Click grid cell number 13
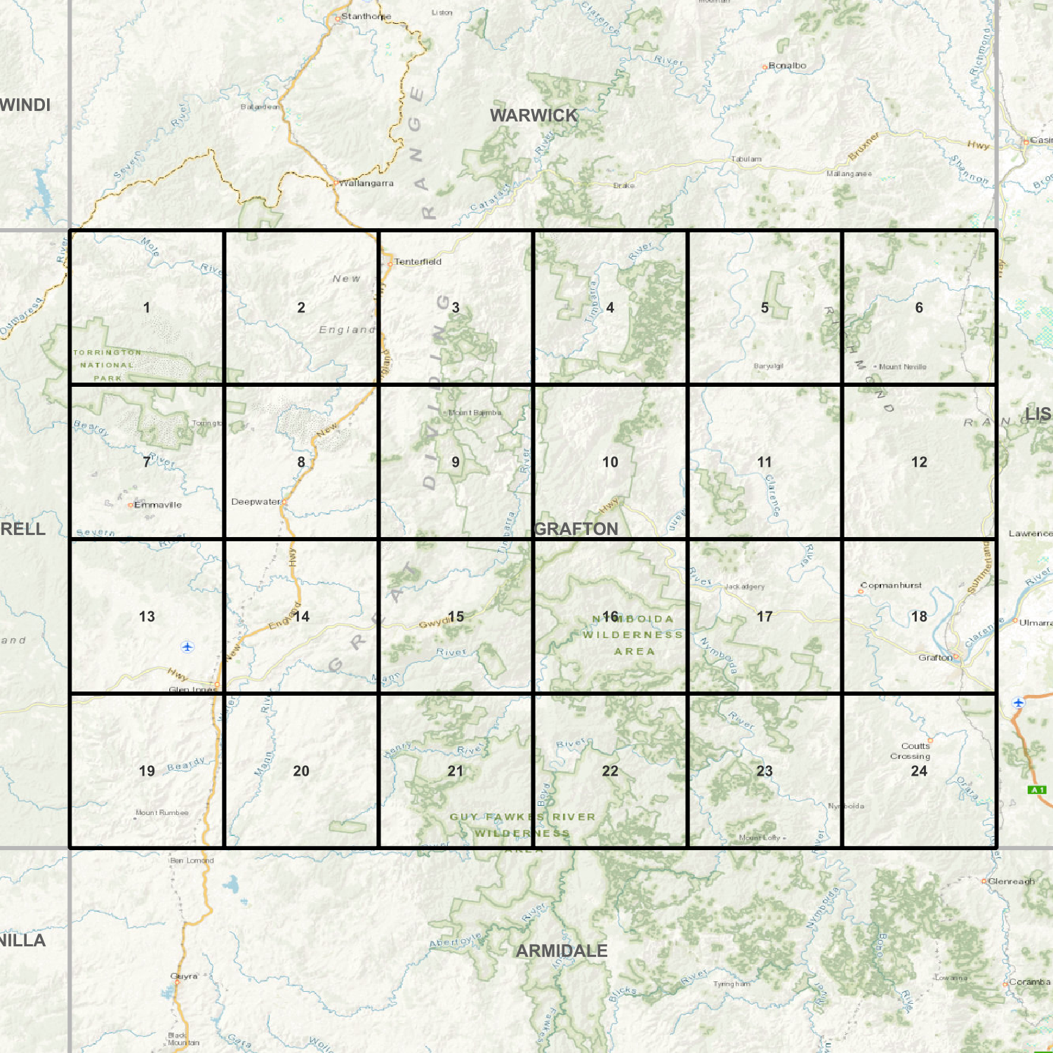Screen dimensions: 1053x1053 pyautogui.click(x=147, y=616)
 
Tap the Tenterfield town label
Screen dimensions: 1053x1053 pyautogui.click(x=418, y=262)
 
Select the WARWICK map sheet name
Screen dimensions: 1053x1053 pyautogui.click(x=534, y=116)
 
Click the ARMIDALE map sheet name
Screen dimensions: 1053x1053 pyautogui.click(x=562, y=951)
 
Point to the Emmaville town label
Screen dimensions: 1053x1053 pyautogui.click(x=157, y=505)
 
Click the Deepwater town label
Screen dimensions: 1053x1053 pyautogui.click(x=256, y=502)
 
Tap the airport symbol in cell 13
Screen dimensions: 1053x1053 pyautogui.click(x=187, y=647)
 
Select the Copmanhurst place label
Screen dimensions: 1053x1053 pyautogui.click(x=891, y=585)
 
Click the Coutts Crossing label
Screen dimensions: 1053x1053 pyautogui.click(x=911, y=751)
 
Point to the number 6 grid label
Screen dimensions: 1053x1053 pyautogui.click(x=919, y=307)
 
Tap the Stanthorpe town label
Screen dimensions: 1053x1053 pyautogui.click(x=366, y=16)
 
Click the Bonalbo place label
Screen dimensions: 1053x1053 pyautogui.click(x=787, y=66)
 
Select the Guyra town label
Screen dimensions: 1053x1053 pyautogui.click(x=185, y=976)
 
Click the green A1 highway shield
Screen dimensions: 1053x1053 pyautogui.click(x=1037, y=790)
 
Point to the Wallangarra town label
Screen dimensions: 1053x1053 pyautogui.click(x=366, y=183)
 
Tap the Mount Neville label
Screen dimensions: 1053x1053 pyautogui.click(x=902, y=367)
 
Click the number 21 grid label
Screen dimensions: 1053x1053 pyautogui.click(x=456, y=771)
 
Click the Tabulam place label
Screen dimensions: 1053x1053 pyautogui.click(x=746, y=159)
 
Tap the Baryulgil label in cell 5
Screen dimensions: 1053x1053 pyautogui.click(x=768, y=366)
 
